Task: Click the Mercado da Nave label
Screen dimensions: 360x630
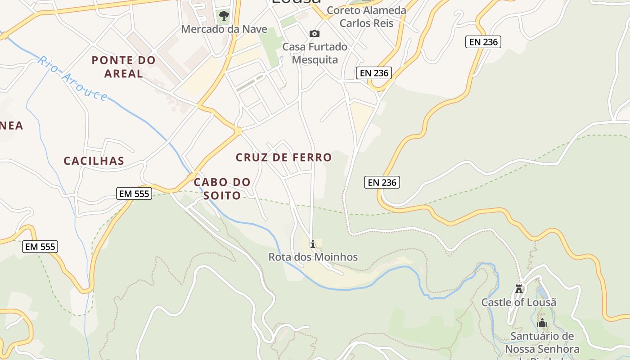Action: coord(224,29)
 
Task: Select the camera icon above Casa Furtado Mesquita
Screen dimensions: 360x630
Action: coord(315,33)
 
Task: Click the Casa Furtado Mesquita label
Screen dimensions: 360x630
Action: coord(315,53)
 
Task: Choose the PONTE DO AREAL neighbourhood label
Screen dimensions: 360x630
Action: coord(124,67)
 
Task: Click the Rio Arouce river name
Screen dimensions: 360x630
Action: coord(73,78)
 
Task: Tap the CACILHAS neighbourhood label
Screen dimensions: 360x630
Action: coord(94,161)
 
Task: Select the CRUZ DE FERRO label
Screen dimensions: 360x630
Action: coord(284,157)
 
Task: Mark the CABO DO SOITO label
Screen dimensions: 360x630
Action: coord(222,189)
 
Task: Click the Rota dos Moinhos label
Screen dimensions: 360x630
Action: coord(313,257)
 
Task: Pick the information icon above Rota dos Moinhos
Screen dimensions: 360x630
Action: coord(313,244)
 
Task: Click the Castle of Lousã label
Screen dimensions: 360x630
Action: coord(519,302)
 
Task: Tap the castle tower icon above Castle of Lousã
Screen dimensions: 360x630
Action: coord(519,288)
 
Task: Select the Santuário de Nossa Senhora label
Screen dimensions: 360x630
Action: coord(542,342)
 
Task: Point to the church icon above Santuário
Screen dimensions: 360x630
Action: coord(542,323)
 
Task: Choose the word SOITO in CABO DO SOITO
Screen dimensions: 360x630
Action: coord(222,195)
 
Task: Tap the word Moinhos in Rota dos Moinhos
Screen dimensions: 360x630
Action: coord(336,257)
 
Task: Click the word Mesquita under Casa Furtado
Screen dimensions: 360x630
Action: coord(315,59)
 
